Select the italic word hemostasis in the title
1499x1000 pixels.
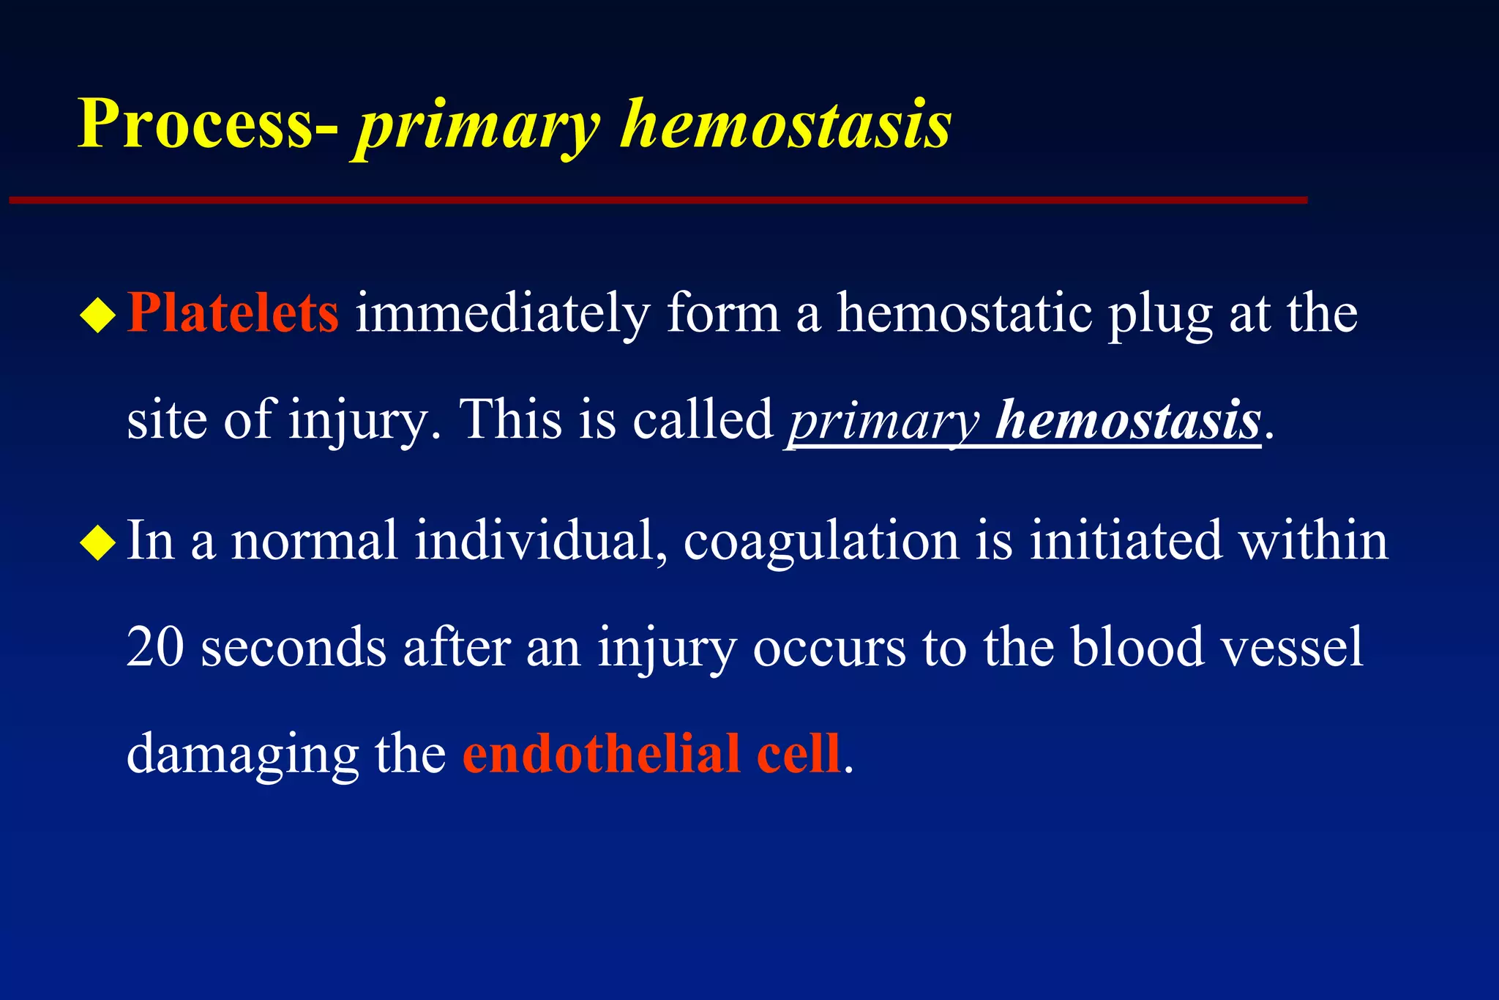point(786,124)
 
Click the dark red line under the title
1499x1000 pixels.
point(659,200)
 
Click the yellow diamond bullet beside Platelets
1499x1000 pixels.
point(98,316)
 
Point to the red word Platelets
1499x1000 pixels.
point(233,313)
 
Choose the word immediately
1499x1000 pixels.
point(502,315)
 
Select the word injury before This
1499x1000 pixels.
point(359,422)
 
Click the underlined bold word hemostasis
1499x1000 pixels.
point(1128,421)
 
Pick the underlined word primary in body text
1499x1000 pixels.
point(883,423)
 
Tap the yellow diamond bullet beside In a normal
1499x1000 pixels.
point(98,543)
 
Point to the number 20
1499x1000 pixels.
point(155,647)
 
